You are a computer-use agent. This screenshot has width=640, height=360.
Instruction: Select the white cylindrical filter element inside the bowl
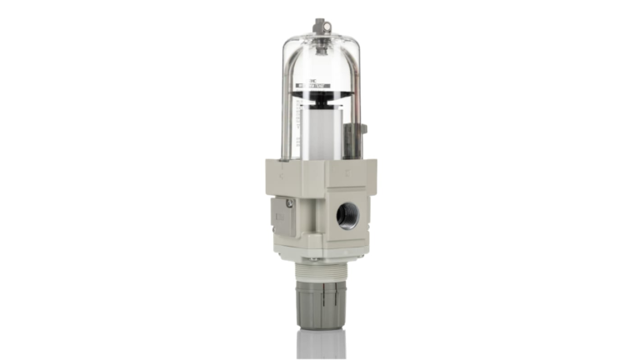coord(319,133)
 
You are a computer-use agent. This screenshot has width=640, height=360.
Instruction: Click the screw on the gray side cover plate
coord(289,202)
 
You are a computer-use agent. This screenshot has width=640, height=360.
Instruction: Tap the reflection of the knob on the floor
coord(321,343)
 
